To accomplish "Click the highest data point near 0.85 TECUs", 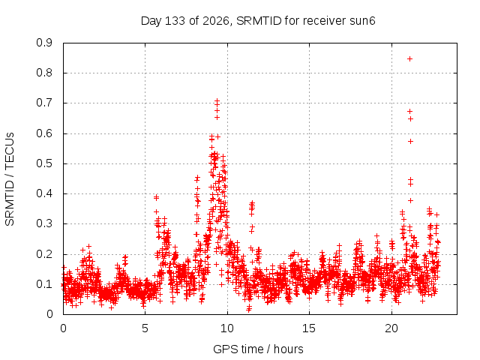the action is click(x=409, y=58).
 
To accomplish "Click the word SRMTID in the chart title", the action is click(x=259, y=21).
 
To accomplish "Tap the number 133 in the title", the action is click(x=175, y=21).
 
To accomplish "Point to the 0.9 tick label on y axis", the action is click(x=44, y=43).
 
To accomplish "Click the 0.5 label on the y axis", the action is click(x=44, y=163).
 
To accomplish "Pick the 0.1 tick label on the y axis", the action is click(x=44, y=284).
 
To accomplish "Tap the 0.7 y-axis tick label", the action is click(x=44, y=103).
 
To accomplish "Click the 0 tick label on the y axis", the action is click(x=49, y=314).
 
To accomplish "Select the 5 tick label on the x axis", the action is click(x=145, y=328).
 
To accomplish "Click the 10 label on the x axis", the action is click(x=227, y=328).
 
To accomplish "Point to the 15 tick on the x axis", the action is click(x=309, y=328).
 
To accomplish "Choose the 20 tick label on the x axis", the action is click(x=391, y=328).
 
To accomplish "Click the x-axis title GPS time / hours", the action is click(x=258, y=349).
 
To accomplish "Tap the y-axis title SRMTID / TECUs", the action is click(x=10, y=179).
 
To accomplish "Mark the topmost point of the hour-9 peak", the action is click(x=217, y=100).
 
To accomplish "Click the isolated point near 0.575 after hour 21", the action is click(x=410, y=142).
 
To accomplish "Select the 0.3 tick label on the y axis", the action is click(x=44, y=224).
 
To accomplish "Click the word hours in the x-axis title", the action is click(x=289, y=349).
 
